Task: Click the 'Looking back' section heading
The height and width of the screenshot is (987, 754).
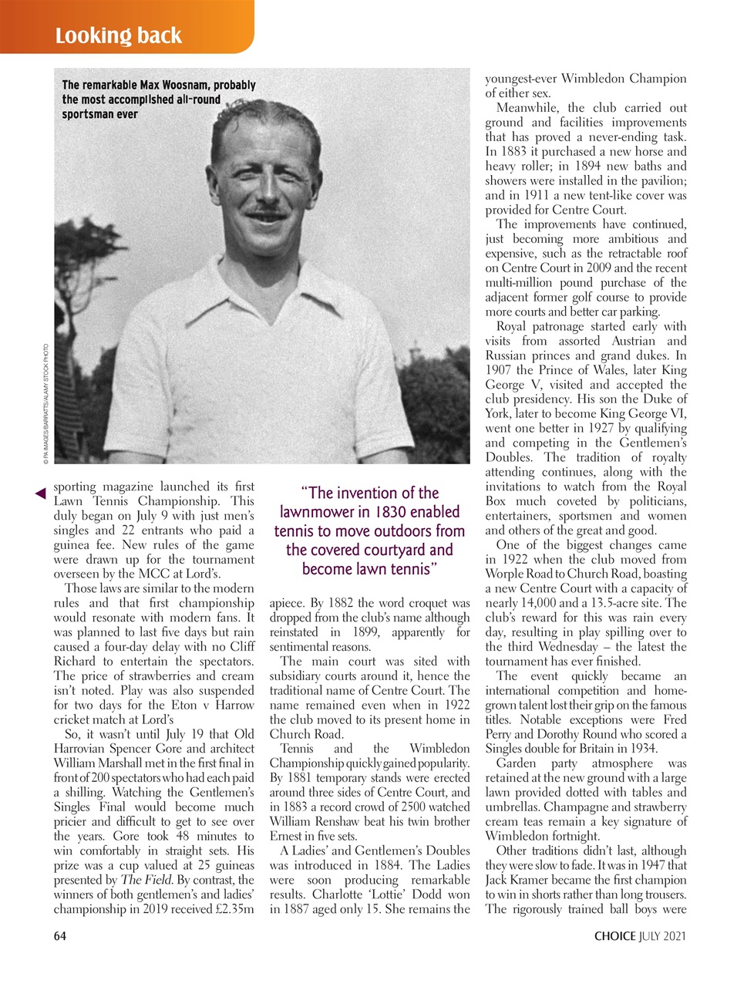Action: (x=119, y=35)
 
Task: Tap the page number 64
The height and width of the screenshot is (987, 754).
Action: (x=60, y=936)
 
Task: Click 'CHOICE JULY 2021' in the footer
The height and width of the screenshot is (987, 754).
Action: (x=639, y=936)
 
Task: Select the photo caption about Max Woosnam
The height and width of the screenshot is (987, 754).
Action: (x=158, y=99)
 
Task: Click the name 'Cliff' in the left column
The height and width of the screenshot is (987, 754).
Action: (x=240, y=647)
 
